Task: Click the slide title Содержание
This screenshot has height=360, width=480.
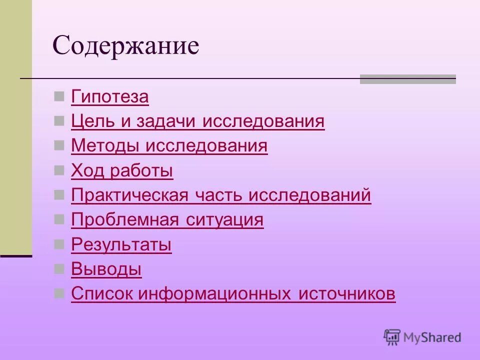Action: coord(126,46)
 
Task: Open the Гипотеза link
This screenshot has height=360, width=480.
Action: coord(110,96)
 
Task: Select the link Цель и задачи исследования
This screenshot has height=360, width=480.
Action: coord(198,121)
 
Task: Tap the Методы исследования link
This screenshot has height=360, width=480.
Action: coord(169,146)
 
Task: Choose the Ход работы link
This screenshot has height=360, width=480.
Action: coord(122,171)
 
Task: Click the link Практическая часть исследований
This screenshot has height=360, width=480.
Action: coord(221,195)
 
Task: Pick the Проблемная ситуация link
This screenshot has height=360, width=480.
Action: coord(167,220)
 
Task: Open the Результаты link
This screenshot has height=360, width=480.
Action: coord(121,245)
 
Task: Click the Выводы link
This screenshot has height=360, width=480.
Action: coord(106,269)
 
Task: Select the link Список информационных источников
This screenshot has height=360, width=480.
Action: coord(233,294)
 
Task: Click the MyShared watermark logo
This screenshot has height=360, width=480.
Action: coord(422,337)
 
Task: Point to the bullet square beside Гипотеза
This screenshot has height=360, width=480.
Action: coord(59,95)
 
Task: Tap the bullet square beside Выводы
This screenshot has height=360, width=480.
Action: coord(59,268)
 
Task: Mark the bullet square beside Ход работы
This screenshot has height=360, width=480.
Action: coord(59,169)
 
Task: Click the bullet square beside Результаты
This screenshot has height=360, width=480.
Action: coord(59,243)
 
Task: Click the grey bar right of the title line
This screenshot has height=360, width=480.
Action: coord(407,79)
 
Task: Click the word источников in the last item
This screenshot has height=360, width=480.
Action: coord(347,294)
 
